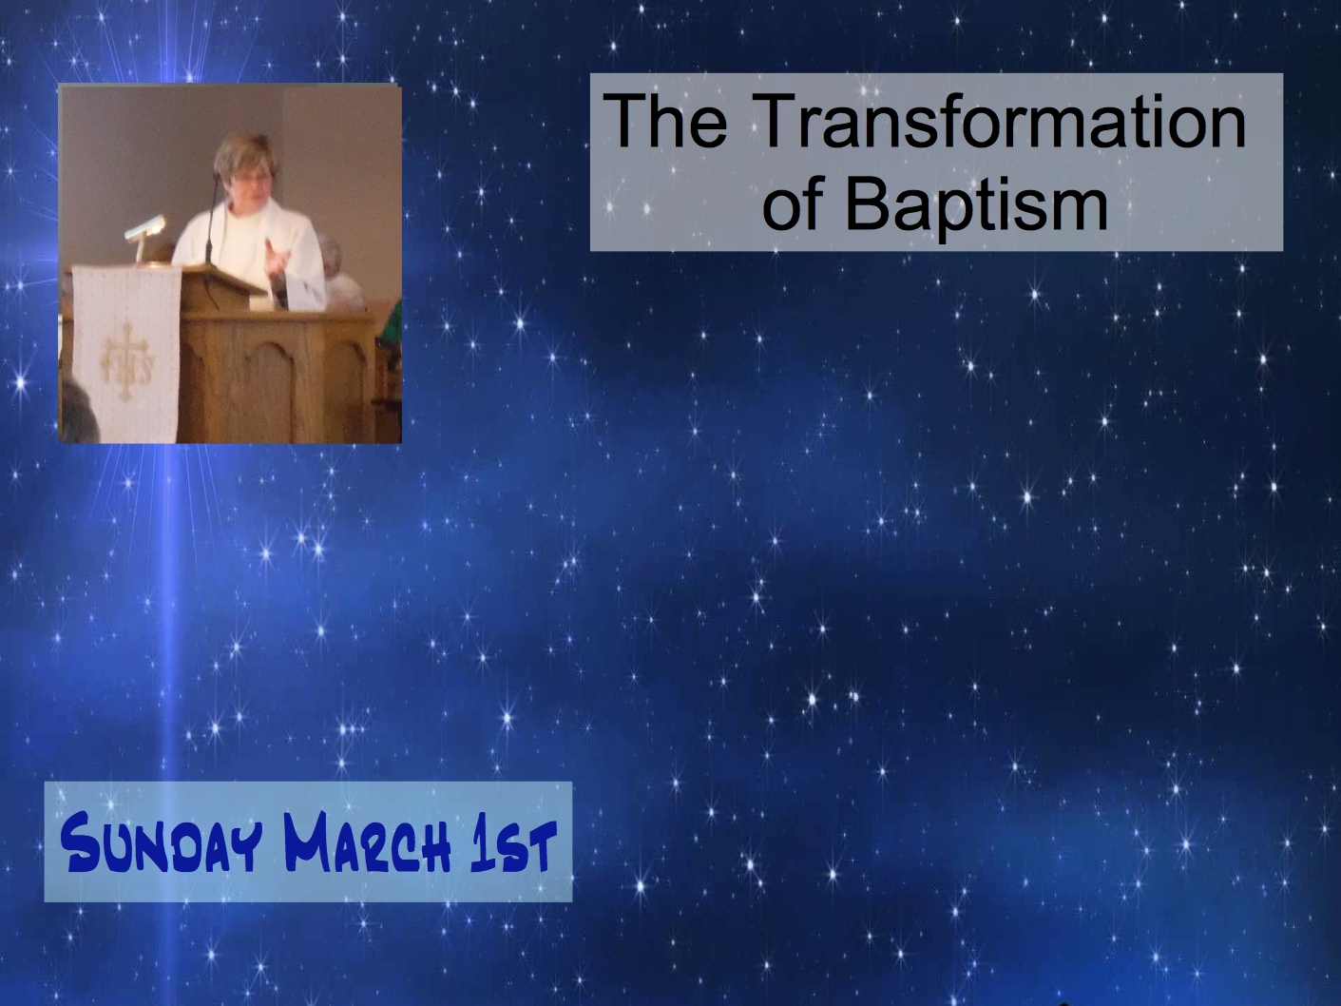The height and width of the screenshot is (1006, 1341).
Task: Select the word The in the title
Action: tap(665, 121)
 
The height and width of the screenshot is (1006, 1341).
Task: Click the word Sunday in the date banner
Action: tap(162, 844)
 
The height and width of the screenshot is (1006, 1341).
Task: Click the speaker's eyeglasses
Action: tap(253, 178)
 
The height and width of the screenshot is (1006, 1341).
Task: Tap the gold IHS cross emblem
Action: tap(127, 361)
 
